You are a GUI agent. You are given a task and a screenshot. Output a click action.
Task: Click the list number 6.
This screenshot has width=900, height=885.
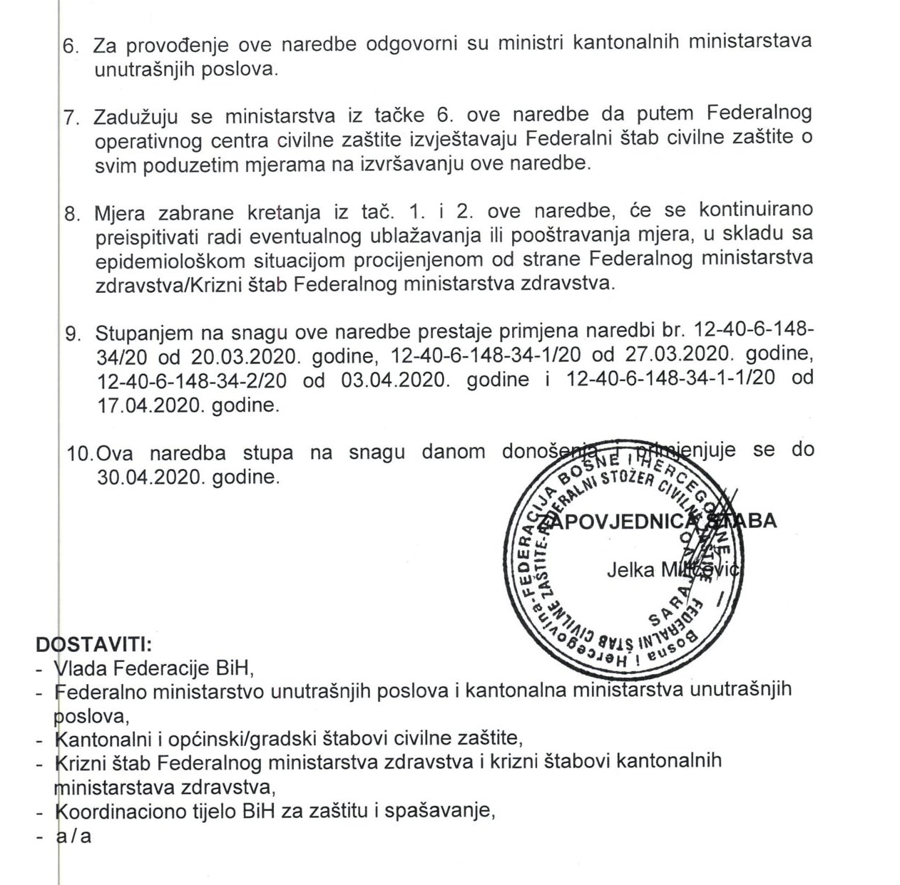pos(73,46)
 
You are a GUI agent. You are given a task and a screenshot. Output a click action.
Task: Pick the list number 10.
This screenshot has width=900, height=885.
pos(80,453)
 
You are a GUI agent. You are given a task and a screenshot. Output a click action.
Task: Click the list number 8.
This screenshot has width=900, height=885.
pos(73,213)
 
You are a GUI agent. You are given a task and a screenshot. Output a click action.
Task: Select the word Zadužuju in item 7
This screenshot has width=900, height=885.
pos(136,115)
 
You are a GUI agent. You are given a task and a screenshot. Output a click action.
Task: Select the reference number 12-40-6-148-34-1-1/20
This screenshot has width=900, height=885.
pos(670,379)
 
